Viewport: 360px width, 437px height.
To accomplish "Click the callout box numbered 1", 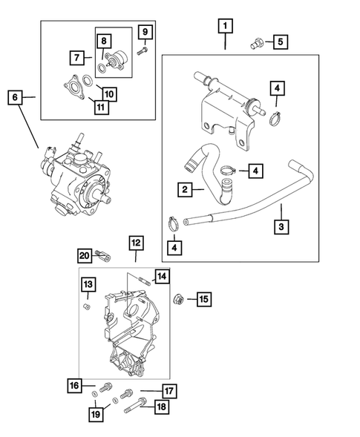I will coord(224,27).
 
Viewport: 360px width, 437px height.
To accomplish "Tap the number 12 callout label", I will coord(135,243).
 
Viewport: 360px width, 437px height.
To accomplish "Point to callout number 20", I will coord(84,257).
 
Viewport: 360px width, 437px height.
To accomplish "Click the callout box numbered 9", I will coord(145,32).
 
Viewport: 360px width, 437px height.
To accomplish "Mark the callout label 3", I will coord(283,227).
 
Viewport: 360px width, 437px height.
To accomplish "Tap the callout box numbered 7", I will coord(76,56).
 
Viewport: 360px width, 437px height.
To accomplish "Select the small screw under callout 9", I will coord(144,50).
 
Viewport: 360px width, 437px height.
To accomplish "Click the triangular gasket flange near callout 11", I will coord(73,85).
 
